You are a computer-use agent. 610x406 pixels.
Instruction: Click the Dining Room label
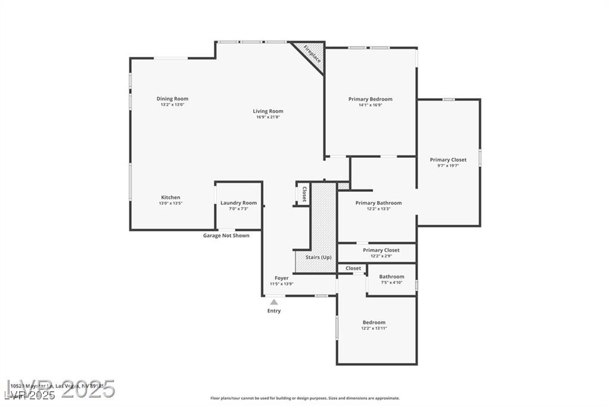coord(172,99)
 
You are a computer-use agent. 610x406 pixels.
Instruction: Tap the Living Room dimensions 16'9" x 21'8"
coord(267,117)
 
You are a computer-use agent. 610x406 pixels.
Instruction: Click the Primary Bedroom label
coord(370,99)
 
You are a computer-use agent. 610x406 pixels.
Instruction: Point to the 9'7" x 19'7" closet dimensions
coord(448,166)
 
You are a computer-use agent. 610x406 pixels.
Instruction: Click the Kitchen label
coord(170,198)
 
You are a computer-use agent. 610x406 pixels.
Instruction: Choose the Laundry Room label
coord(238,203)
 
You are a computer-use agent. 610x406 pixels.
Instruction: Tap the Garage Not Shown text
coord(226,236)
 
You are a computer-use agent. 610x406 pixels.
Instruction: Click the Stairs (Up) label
coord(318,257)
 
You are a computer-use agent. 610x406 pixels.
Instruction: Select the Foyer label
coord(281,278)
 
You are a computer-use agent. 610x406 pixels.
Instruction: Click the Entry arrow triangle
coord(273,302)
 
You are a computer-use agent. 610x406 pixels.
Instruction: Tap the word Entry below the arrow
coord(274,311)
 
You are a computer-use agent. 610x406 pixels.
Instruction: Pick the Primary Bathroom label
coord(378,203)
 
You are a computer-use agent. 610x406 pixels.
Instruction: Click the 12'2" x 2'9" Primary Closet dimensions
coord(381,256)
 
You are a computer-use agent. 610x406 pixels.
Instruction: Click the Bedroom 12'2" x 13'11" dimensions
coord(374,329)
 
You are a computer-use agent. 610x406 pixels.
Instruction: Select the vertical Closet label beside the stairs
coord(304,195)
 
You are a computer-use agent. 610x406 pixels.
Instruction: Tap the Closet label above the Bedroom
coord(353,268)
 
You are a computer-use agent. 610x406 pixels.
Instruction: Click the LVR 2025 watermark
coord(60,389)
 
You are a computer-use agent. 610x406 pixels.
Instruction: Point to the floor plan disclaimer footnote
coord(304,398)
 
